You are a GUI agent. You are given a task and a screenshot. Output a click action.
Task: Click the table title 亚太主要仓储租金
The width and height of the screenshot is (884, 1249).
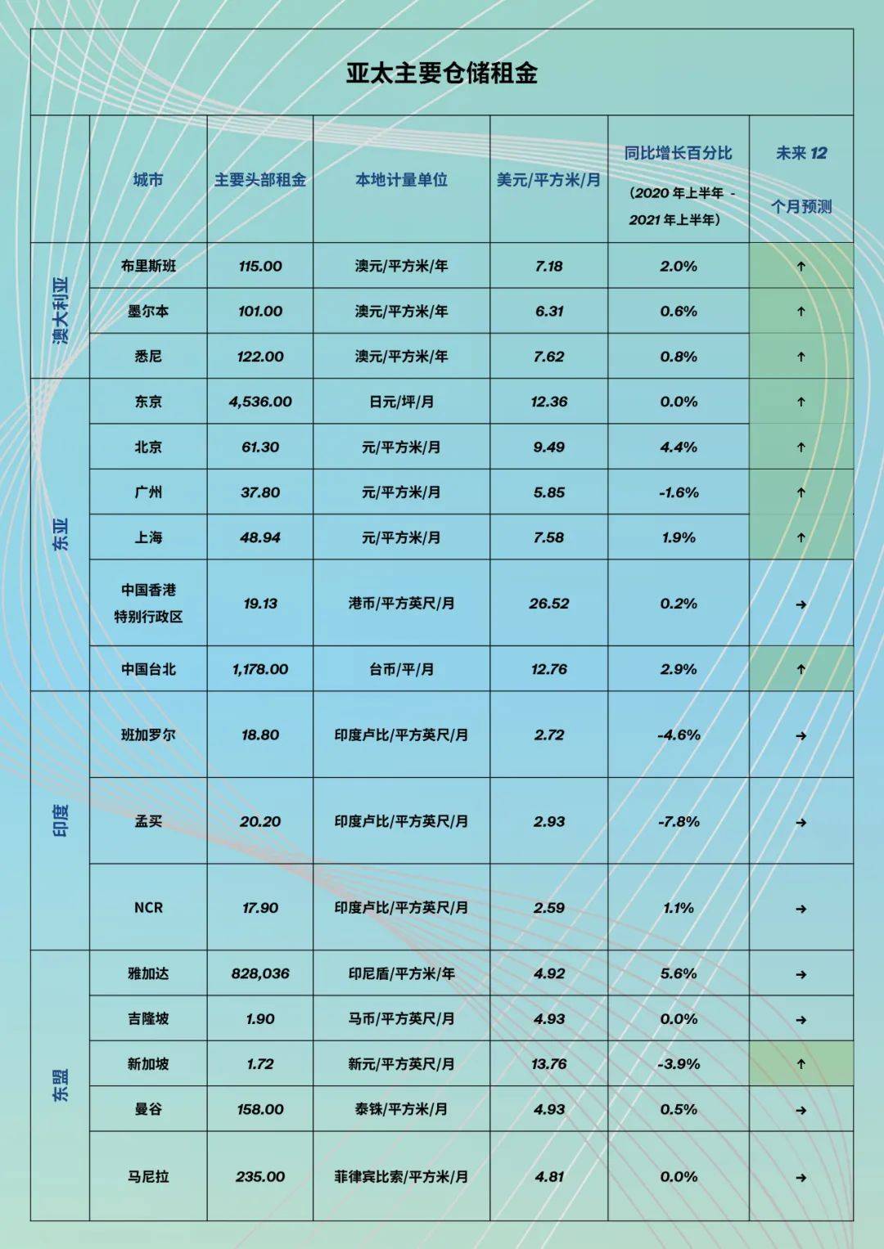[441, 73]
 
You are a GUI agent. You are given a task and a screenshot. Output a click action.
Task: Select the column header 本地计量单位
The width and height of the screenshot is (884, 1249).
[401, 180]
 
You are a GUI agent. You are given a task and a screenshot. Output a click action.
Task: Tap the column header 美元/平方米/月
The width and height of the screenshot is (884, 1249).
[548, 180]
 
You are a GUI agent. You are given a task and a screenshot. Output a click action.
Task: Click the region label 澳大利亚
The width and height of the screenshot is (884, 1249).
[61, 310]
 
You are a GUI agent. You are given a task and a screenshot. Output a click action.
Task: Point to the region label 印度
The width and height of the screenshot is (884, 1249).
[61, 820]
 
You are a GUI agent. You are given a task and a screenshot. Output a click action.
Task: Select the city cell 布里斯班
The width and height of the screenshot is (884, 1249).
[148, 266]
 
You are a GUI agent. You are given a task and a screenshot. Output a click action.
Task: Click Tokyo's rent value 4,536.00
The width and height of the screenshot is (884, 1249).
[260, 402]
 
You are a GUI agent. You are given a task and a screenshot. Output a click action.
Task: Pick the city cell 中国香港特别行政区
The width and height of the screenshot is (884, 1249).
[148, 603]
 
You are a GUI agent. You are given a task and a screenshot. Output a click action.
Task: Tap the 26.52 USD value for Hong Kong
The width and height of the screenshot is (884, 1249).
[548, 604]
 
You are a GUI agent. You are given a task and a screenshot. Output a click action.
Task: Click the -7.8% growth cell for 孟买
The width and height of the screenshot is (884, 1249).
[679, 821]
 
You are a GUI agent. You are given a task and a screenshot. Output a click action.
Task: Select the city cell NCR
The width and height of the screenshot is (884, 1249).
[148, 908]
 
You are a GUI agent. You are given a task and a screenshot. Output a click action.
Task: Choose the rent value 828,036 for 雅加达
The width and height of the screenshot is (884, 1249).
[260, 973]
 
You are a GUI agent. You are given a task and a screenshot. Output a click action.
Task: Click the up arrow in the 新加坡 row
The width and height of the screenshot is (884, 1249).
[801, 1064]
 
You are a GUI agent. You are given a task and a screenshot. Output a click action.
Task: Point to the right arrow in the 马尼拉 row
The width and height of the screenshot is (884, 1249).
[801, 1178]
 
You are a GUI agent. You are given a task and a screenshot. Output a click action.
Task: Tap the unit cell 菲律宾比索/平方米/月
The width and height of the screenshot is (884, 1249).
[401, 1177]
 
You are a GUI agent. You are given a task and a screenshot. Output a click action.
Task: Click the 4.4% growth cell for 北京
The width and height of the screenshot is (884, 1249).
[679, 447]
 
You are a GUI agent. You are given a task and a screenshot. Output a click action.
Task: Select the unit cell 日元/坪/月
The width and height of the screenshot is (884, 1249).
[401, 402]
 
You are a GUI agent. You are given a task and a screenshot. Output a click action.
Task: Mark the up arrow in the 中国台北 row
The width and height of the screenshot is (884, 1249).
[801, 669]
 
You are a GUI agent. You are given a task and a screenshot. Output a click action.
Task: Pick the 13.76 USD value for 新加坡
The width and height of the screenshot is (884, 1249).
[548, 1064]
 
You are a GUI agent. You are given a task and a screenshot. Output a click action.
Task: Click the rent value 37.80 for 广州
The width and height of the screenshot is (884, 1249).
[260, 492]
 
